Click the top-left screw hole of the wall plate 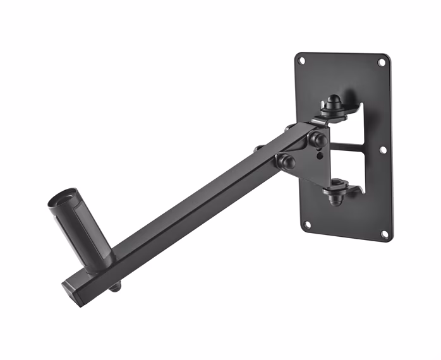(x=302, y=61)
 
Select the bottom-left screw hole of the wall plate (x=307, y=224)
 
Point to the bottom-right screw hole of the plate (x=384, y=234)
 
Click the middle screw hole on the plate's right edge (x=383, y=150)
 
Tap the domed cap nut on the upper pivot (x=333, y=102)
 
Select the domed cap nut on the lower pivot (x=335, y=197)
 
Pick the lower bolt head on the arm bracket (x=286, y=161)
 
